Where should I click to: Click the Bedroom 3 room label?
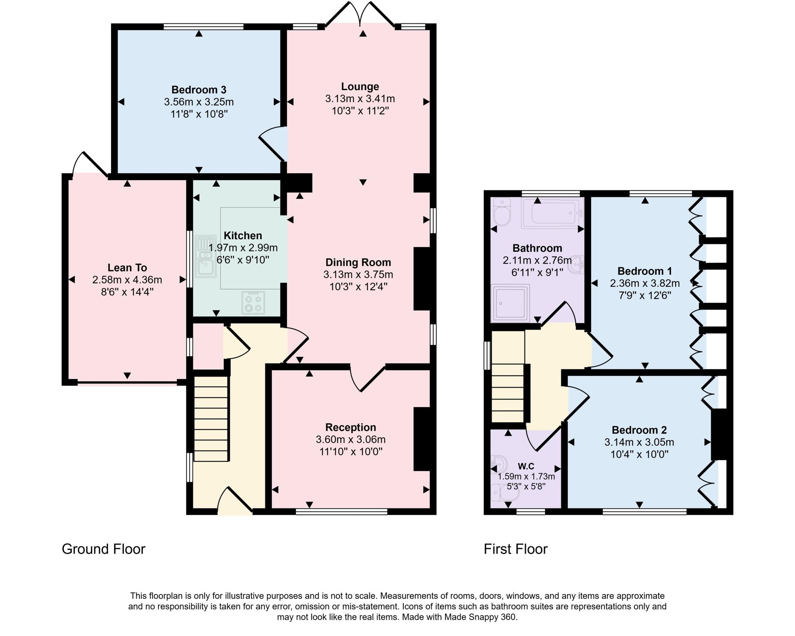point(199,90)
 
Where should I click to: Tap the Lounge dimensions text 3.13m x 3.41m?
point(360,99)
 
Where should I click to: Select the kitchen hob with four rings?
point(253,302)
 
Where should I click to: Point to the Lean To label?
point(127,268)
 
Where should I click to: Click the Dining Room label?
point(358,262)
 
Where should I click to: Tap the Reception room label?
point(351,427)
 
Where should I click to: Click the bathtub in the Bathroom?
point(553,213)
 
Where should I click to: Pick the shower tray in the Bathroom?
point(510,303)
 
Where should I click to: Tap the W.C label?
point(526,466)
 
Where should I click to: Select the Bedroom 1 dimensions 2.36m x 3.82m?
point(644,283)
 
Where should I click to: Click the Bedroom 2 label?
point(639,430)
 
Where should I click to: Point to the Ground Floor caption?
point(103,549)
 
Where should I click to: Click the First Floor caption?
point(515,549)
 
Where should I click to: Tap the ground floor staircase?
point(210,419)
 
